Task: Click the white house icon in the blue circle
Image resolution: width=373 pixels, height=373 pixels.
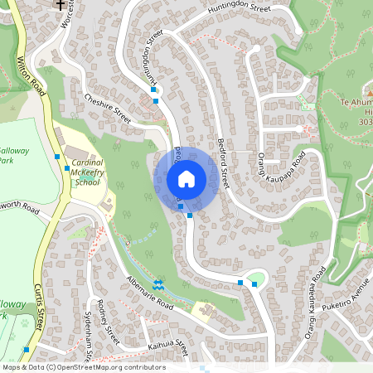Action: point(186,178)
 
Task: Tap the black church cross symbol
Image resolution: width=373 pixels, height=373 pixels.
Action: point(60,5)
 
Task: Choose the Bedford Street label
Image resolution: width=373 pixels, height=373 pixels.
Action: point(224,158)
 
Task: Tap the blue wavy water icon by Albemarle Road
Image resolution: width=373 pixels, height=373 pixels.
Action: point(157,286)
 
